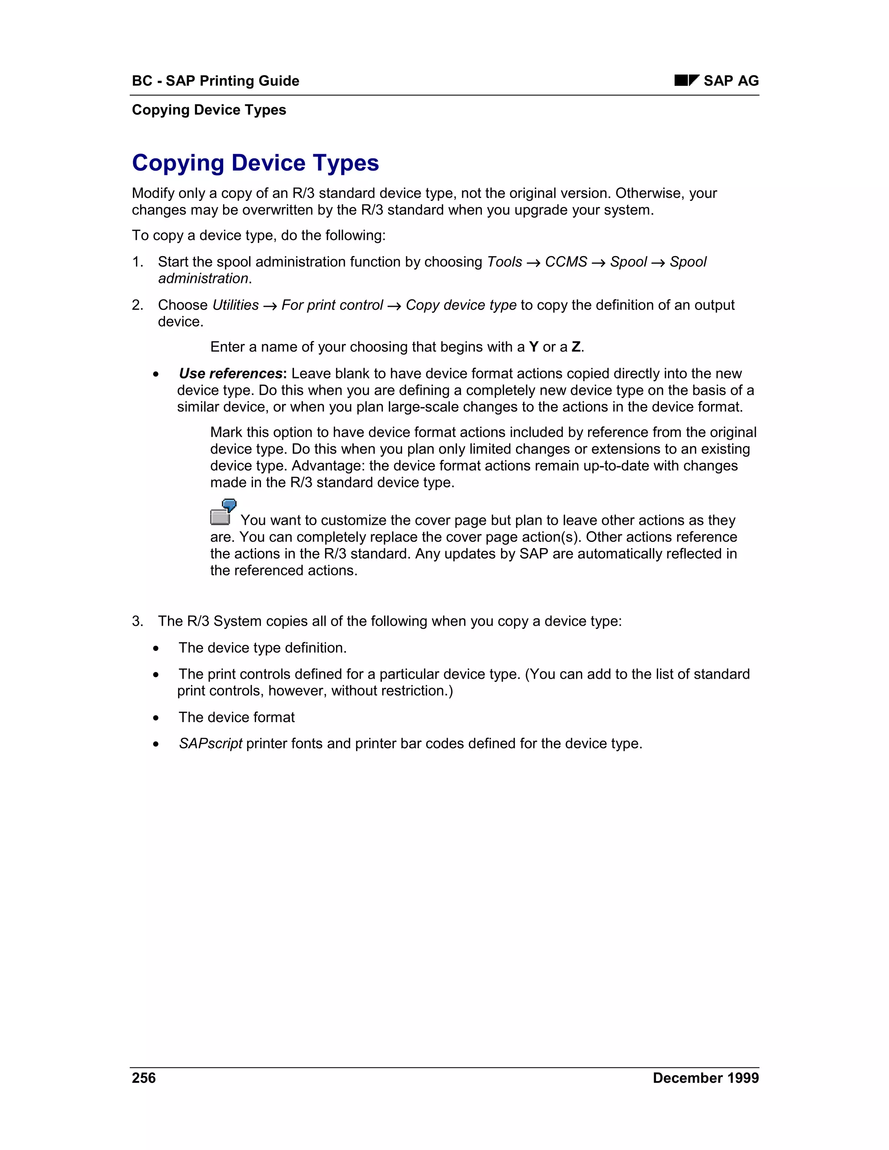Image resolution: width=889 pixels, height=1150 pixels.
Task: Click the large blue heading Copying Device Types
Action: point(255,163)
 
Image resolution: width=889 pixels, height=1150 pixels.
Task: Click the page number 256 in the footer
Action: point(144,1078)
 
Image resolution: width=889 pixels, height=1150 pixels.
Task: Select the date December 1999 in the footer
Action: point(705,1078)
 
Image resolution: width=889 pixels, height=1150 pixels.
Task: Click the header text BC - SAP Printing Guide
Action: point(215,81)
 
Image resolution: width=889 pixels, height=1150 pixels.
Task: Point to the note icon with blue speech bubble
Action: point(223,512)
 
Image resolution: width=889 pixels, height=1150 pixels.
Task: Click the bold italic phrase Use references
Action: point(230,373)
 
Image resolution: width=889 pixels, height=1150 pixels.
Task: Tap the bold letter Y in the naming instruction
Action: point(533,347)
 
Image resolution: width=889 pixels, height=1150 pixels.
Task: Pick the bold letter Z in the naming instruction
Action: point(576,347)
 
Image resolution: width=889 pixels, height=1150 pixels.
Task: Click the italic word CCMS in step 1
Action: point(566,262)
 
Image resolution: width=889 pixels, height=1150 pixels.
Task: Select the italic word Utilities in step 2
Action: point(235,305)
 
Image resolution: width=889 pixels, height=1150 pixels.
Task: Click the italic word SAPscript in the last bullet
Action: point(210,743)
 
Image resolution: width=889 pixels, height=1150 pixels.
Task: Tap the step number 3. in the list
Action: point(138,621)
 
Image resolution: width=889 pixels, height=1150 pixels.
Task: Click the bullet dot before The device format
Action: point(156,718)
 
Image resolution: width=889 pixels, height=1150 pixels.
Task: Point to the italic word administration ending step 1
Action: point(203,279)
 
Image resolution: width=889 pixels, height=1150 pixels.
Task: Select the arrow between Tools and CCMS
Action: point(533,262)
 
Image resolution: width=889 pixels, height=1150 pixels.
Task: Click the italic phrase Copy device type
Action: point(461,305)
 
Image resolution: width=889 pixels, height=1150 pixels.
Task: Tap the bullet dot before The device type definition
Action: point(156,648)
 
